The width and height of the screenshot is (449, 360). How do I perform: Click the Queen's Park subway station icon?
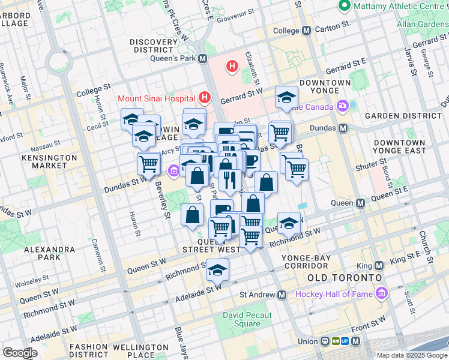[x=202, y=59]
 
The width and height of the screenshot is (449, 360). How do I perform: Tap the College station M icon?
[x=306, y=30]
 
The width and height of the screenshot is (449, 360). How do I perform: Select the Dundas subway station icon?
[x=343, y=128]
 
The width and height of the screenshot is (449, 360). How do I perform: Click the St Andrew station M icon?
[x=282, y=295]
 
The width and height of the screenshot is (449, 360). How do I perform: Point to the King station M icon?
[x=378, y=265]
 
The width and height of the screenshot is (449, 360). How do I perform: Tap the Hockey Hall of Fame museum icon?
[x=381, y=293]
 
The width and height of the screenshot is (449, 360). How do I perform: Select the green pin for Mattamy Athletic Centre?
[x=345, y=7]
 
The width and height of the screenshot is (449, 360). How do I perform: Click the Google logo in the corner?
[x=20, y=352]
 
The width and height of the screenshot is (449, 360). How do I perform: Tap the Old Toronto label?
[x=344, y=278]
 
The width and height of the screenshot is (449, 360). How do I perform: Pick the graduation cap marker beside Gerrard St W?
[x=287, y=97]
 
